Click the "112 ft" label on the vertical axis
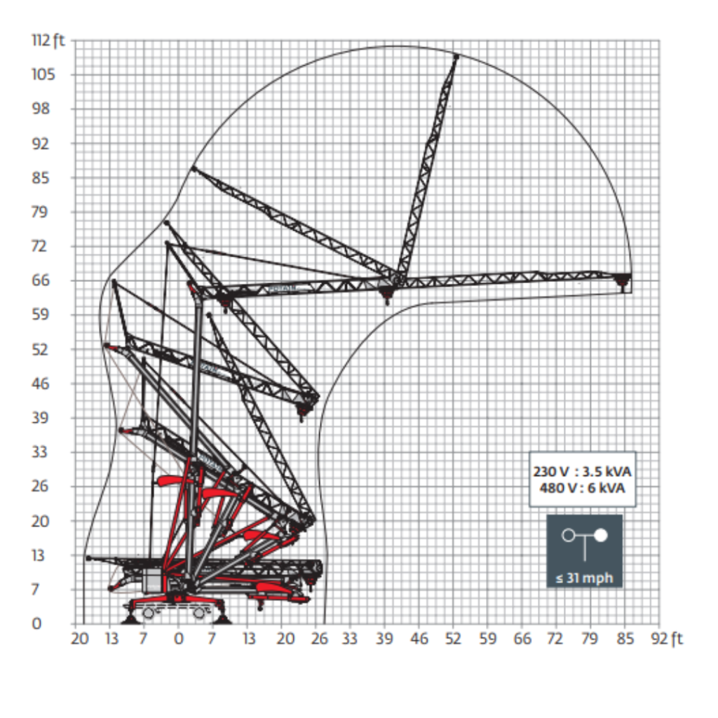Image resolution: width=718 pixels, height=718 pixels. pos(48,40)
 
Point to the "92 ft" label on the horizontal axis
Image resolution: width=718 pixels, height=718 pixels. pos(667,638)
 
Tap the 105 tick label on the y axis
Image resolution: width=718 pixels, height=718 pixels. pos(43,74)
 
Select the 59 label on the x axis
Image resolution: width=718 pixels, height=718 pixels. pos(487,638)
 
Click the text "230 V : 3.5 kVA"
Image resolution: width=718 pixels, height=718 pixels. pos(582,471)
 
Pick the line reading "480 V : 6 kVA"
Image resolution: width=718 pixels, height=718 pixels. pos(582,488)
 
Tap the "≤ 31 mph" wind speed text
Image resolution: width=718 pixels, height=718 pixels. pos(584,578)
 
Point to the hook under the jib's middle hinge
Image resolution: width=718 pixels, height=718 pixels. pos(387,295)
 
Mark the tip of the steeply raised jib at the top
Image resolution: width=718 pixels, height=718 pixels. pos(456,56)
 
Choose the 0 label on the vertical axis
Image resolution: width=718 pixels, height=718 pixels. pos(36,623)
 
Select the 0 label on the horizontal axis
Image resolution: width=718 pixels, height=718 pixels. pos(179,638)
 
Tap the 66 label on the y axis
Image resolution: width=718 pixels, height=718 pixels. pos(40,280)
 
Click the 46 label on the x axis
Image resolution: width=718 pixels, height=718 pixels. pos(419,638)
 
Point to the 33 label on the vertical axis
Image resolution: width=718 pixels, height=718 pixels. pos(40,452)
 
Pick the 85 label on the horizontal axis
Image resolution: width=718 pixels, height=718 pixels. pos(625,638)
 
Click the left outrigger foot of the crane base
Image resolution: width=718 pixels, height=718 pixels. pos(131,619)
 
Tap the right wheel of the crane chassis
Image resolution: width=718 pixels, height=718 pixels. pos(199,612)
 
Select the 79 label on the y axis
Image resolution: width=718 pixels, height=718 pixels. pos(40,212)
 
